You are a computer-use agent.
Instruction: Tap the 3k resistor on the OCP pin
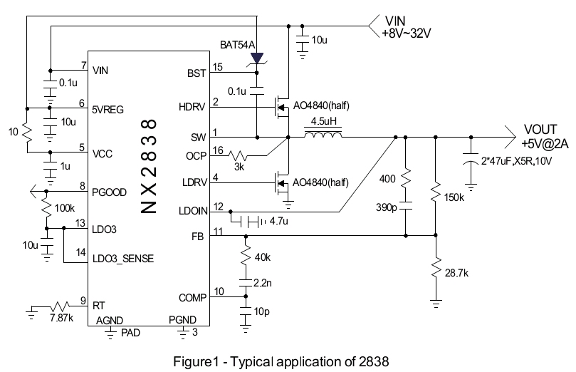tap(239, 155)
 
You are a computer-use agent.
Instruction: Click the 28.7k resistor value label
tap(456, 273)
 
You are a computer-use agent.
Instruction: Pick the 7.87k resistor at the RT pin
tap(59, 306)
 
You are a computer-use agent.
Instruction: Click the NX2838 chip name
tap(149, 166)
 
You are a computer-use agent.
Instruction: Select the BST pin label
tap(197, 73)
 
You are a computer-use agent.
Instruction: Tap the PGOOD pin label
tap(109, 192)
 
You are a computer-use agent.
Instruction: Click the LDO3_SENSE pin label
tap(123, 259)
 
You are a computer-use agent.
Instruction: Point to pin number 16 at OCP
tap(218, 150)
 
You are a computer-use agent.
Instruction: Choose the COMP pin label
tap(192, 298)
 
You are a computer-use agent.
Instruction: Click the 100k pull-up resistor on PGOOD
tap(46, 208)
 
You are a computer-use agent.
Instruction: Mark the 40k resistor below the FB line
tap(246, 257)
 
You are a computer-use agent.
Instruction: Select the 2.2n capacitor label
tap(263, 283)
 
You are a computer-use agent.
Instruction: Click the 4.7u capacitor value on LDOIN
tap(279, 221)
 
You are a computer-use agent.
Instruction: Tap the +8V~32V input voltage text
tap(407, 33)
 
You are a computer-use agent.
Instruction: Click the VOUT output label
tap(540, 130)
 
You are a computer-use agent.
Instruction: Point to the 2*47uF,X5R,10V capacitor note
tap(516, 161)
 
